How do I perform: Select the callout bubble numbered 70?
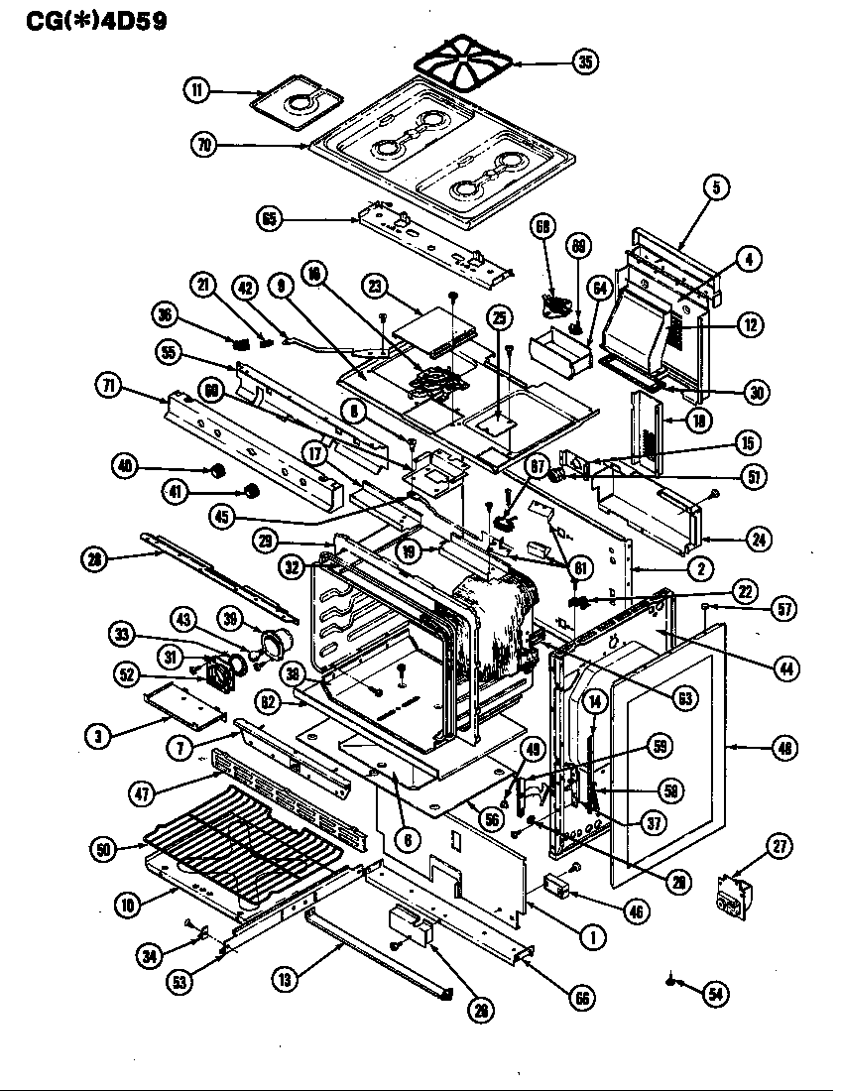pos(205,145)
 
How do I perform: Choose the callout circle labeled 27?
pos(781,845)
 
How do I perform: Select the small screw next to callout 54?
pos(672,982)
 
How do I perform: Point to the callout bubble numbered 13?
pos(286,980)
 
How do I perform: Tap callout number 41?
pos(252,490)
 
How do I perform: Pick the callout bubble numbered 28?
pos(95,558)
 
